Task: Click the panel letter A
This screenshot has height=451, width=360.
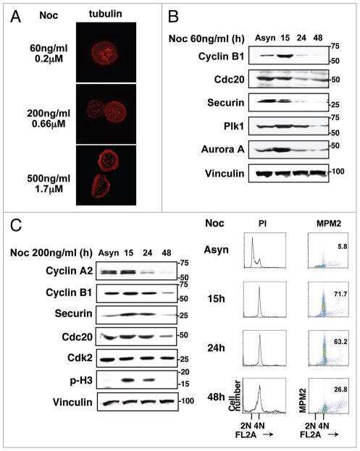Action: pos(15,17)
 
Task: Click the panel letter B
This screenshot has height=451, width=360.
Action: pos(173,16)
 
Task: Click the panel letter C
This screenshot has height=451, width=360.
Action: pos(16,226)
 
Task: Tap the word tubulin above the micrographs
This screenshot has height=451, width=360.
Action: pos(105,14)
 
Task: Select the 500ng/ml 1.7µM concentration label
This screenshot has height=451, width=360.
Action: pos(49,183)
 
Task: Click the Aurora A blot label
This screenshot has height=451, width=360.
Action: pos(222,149)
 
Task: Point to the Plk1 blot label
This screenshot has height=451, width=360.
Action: pos(234,126)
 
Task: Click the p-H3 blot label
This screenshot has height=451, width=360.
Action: pos(81,381)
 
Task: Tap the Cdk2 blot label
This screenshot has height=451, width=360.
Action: pos(80,358)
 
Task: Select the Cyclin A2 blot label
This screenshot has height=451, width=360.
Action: pos(69,271)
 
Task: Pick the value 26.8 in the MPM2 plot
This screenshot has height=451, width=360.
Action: pos(340,389)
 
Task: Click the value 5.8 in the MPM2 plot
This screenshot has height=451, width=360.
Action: pos(343,246)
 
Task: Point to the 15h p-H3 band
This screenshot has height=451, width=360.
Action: pos(128,380)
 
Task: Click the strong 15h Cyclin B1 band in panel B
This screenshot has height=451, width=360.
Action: pos(285,56)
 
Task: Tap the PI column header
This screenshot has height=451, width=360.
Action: pos(262,224)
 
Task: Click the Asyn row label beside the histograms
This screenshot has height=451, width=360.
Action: pos(216,249)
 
